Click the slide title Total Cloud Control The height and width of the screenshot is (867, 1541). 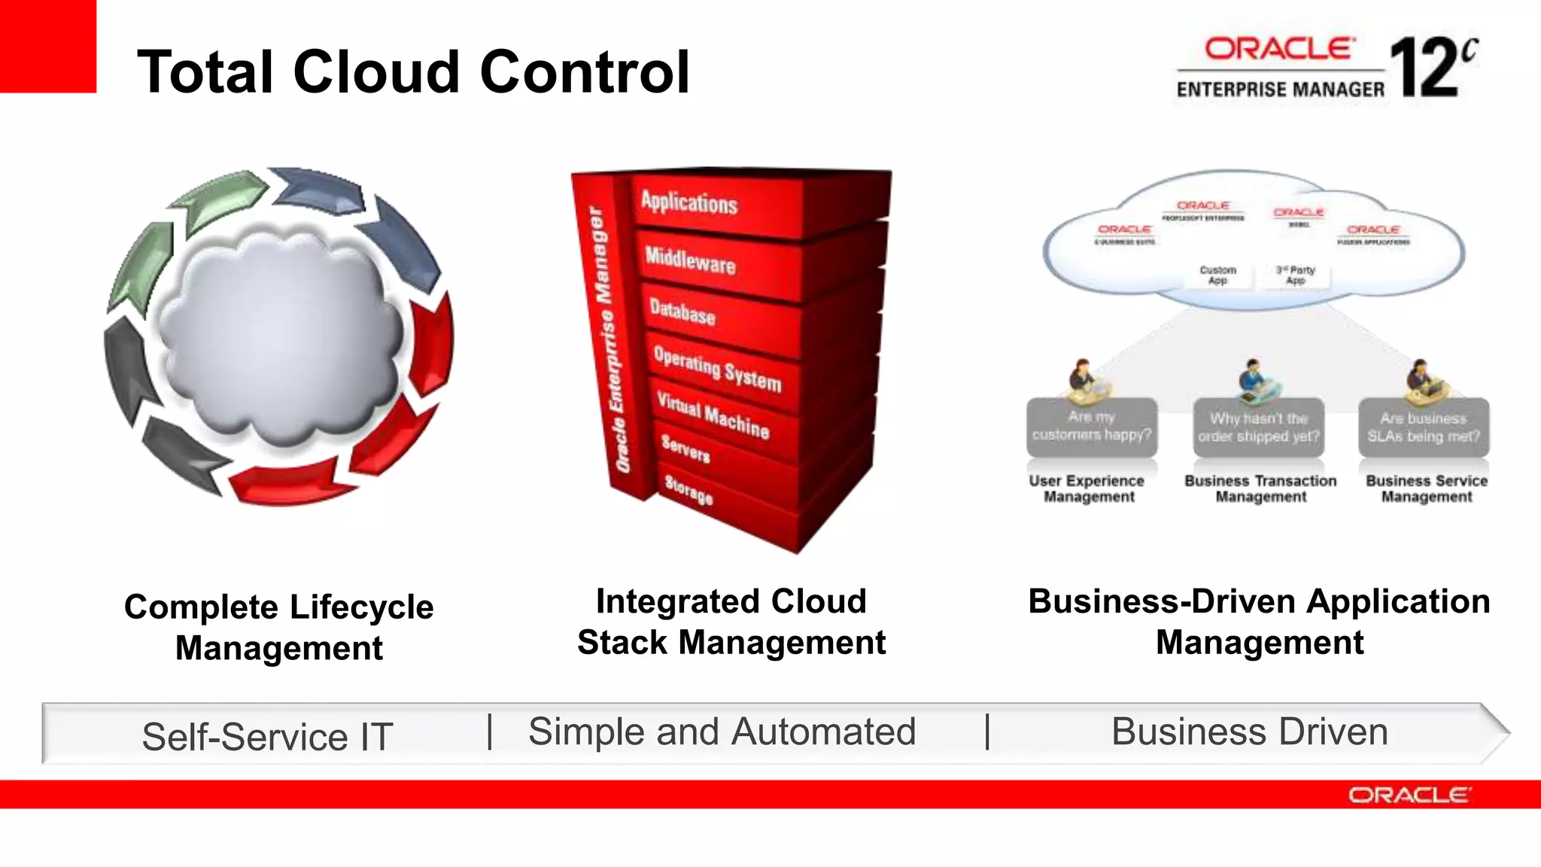click(413, 71)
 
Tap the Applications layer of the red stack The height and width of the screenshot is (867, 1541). click(689, 202)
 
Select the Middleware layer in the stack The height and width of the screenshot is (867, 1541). click(690, 260)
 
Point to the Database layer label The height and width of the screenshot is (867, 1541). click(682, 312)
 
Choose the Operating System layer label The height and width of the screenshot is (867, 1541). click(717, 369)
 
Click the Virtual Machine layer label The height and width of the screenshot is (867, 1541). click(713, 415)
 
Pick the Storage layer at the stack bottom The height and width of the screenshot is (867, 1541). click(688, 490)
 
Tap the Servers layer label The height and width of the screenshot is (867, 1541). click(685, 449)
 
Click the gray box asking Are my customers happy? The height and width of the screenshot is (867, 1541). click(1091, 427)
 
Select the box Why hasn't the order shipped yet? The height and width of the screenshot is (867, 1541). click(1258, 427)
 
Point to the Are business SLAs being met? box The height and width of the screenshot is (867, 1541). click(1424, 427)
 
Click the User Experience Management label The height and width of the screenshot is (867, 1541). click(1087, 488)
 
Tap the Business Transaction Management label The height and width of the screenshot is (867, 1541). click(1260, 488)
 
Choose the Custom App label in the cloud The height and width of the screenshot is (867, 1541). click(1217, 275)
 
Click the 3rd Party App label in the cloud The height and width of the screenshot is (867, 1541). click(1295, 275)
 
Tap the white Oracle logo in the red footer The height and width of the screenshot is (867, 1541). click(1408, 795)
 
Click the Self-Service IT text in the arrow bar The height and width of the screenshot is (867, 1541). click(267, 736)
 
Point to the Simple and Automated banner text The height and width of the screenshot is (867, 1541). click(722, 732)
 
